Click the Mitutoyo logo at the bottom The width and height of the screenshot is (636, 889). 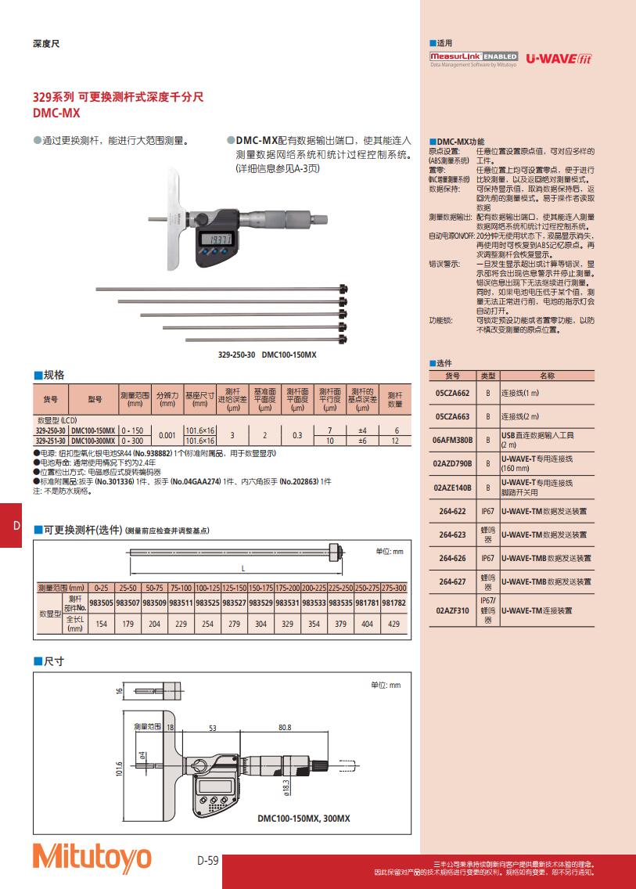(92, 857)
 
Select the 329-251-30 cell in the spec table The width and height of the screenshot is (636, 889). (52, 441)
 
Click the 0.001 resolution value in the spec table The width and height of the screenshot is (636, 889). (167, 435)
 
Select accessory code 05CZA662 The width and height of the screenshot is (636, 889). (451, 393)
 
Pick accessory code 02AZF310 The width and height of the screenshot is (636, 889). (451, 610)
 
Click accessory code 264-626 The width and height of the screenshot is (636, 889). (451, 558)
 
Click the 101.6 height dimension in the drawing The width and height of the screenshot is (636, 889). (119, 769)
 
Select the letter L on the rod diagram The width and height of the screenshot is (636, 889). (243, 567)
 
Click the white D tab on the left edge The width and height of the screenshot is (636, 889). (16, 525)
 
